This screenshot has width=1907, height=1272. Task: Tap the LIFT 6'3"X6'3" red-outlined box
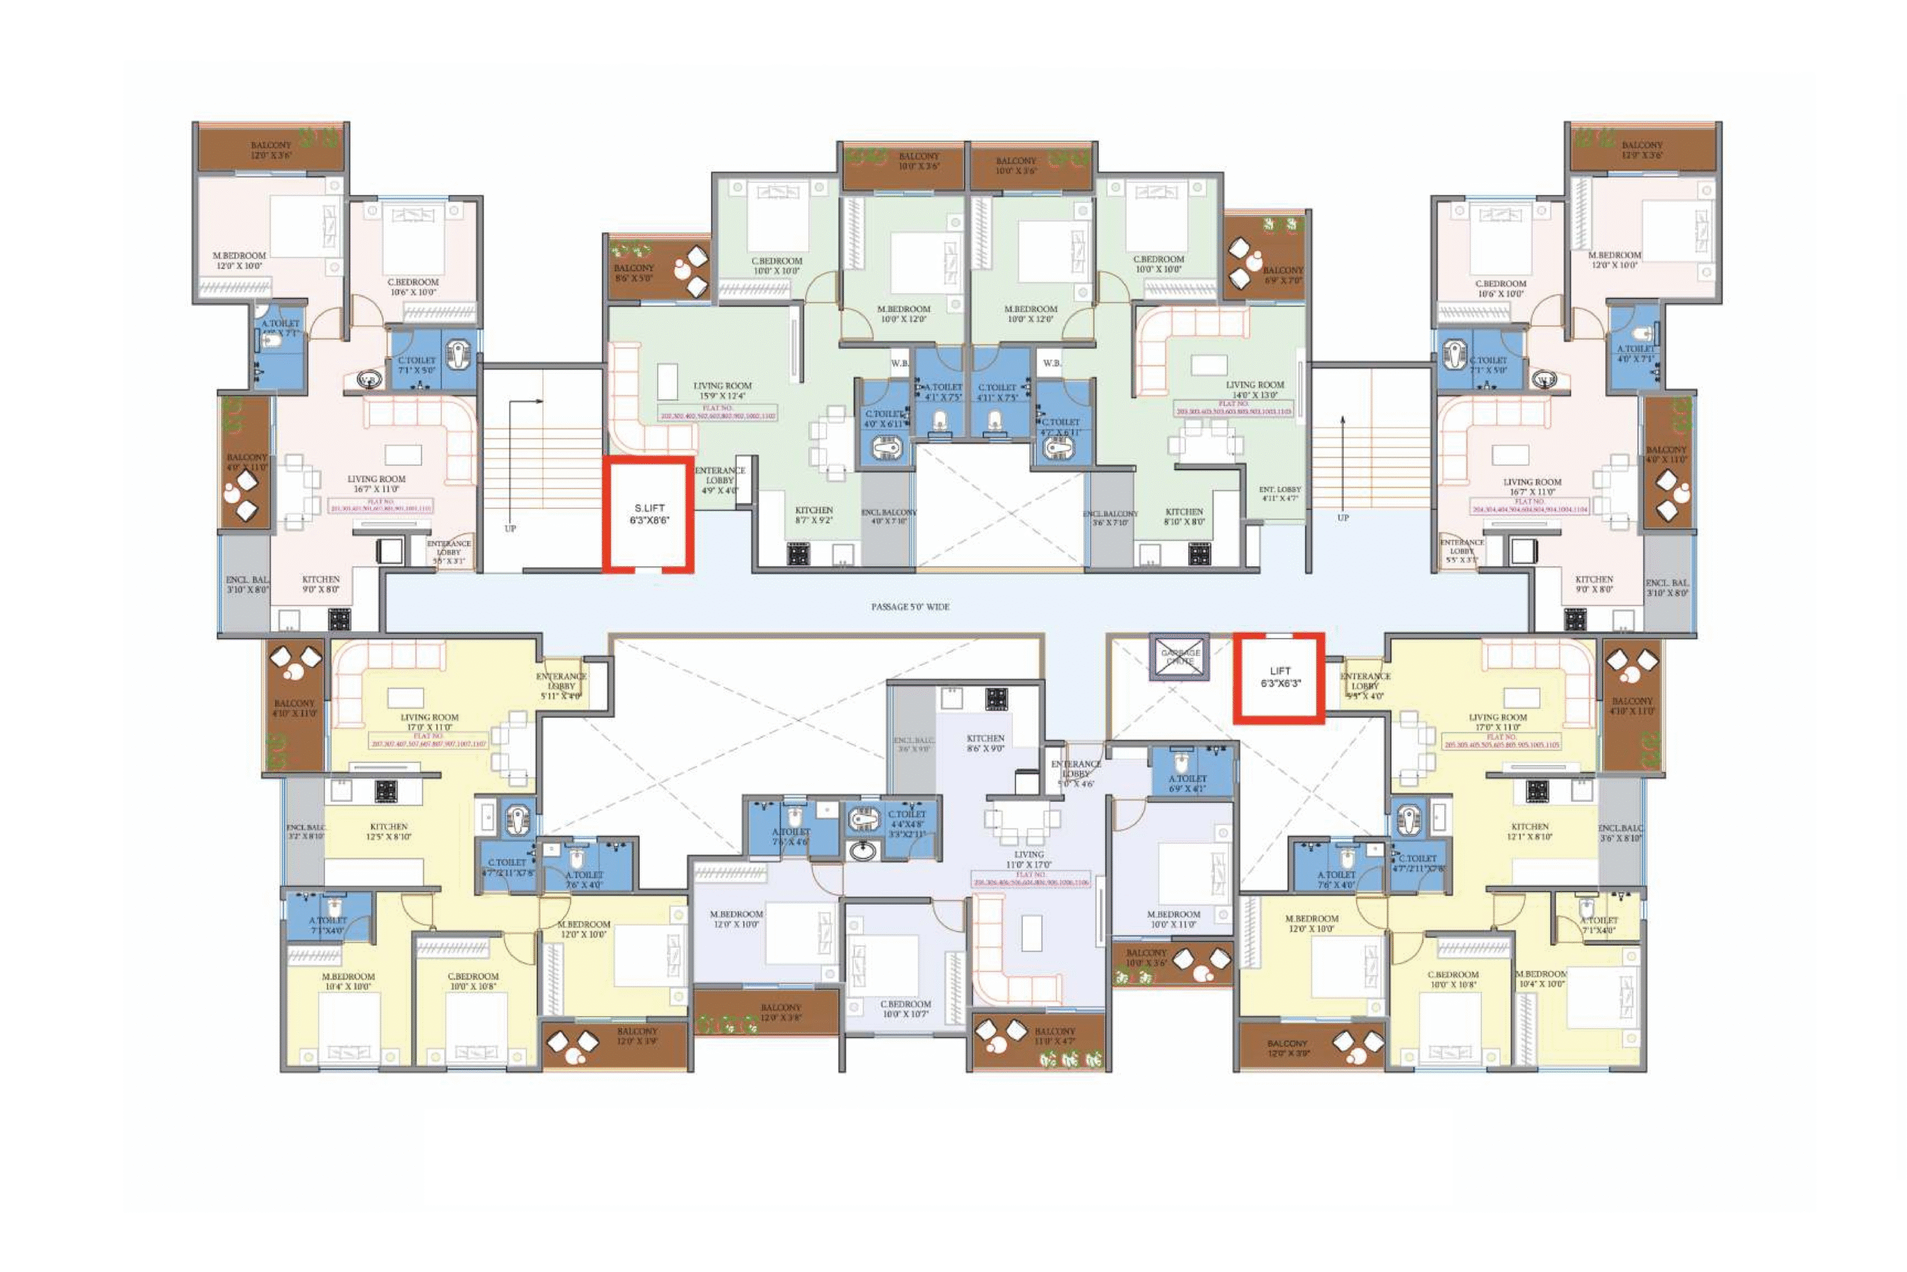[x=1280, y=677]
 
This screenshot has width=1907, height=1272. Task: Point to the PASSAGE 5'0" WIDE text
[x=910, y=607]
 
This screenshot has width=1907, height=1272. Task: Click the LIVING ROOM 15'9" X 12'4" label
[x=722, y=391]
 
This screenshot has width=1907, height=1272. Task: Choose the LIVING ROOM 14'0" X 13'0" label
[x=1254, y=390]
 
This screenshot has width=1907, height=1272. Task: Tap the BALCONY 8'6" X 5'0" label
[x=633, y=273]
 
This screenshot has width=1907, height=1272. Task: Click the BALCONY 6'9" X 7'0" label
[x=1282, y=275]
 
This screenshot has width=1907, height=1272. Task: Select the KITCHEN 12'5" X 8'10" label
[x=388, y=832]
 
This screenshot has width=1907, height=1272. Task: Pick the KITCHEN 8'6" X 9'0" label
[x=985, y=743]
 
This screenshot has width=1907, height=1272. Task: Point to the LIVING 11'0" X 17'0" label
[x=1028, y=860]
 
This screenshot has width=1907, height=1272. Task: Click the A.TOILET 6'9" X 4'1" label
[x=1187, y=783]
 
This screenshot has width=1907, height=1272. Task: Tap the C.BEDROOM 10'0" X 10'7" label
[x=906, y=1009]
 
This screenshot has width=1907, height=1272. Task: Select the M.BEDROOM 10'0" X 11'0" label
[x=1173, y=919]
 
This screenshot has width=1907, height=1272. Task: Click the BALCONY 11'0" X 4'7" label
[x=1054, y=1036]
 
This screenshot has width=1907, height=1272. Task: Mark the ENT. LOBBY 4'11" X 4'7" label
[x=1280, y=493]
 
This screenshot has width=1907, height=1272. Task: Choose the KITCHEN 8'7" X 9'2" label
[x=813, y=515]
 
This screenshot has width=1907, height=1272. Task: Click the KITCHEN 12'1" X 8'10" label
[x=1529, y=832]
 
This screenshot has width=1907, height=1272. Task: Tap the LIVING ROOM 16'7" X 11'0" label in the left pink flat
[x=376, y=484]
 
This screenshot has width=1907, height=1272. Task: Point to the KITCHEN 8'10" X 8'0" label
[x=1184, y=516]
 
